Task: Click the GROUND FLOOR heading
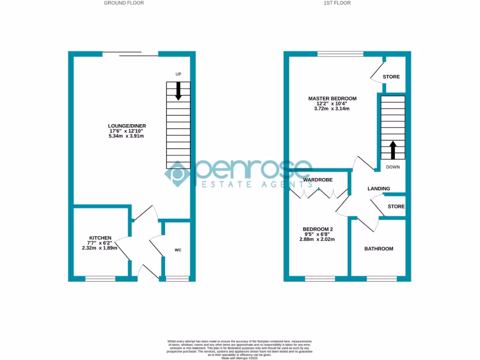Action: click(x=124, y=3)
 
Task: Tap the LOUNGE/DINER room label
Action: click(x=127, y=126)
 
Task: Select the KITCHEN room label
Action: click(x=100, y=238)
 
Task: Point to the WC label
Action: click(x=178, y=250)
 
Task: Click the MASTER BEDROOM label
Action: click(x=332, y=98)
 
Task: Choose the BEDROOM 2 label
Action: click(x=317, y=229)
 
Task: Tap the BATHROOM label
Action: click(x=379, y=249)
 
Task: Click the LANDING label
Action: click(x=378, y=189)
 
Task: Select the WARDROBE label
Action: click(x=317, y=180)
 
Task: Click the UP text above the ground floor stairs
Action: click(x=178, y=75)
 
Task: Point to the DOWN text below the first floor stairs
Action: click(x=393, y=167)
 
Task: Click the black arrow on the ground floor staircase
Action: click(x=178, y=91)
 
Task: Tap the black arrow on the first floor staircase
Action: click(x=393, y=150)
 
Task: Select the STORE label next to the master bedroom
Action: click(x=391, y=77)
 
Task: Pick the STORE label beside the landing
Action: click(x=396, y=207)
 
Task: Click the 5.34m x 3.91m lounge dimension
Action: click(x=126, y=136)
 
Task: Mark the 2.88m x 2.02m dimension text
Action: click(x=317, y=240)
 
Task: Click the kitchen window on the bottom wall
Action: click(x=100, y=279)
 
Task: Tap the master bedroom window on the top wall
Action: click(x=340, y=54)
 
